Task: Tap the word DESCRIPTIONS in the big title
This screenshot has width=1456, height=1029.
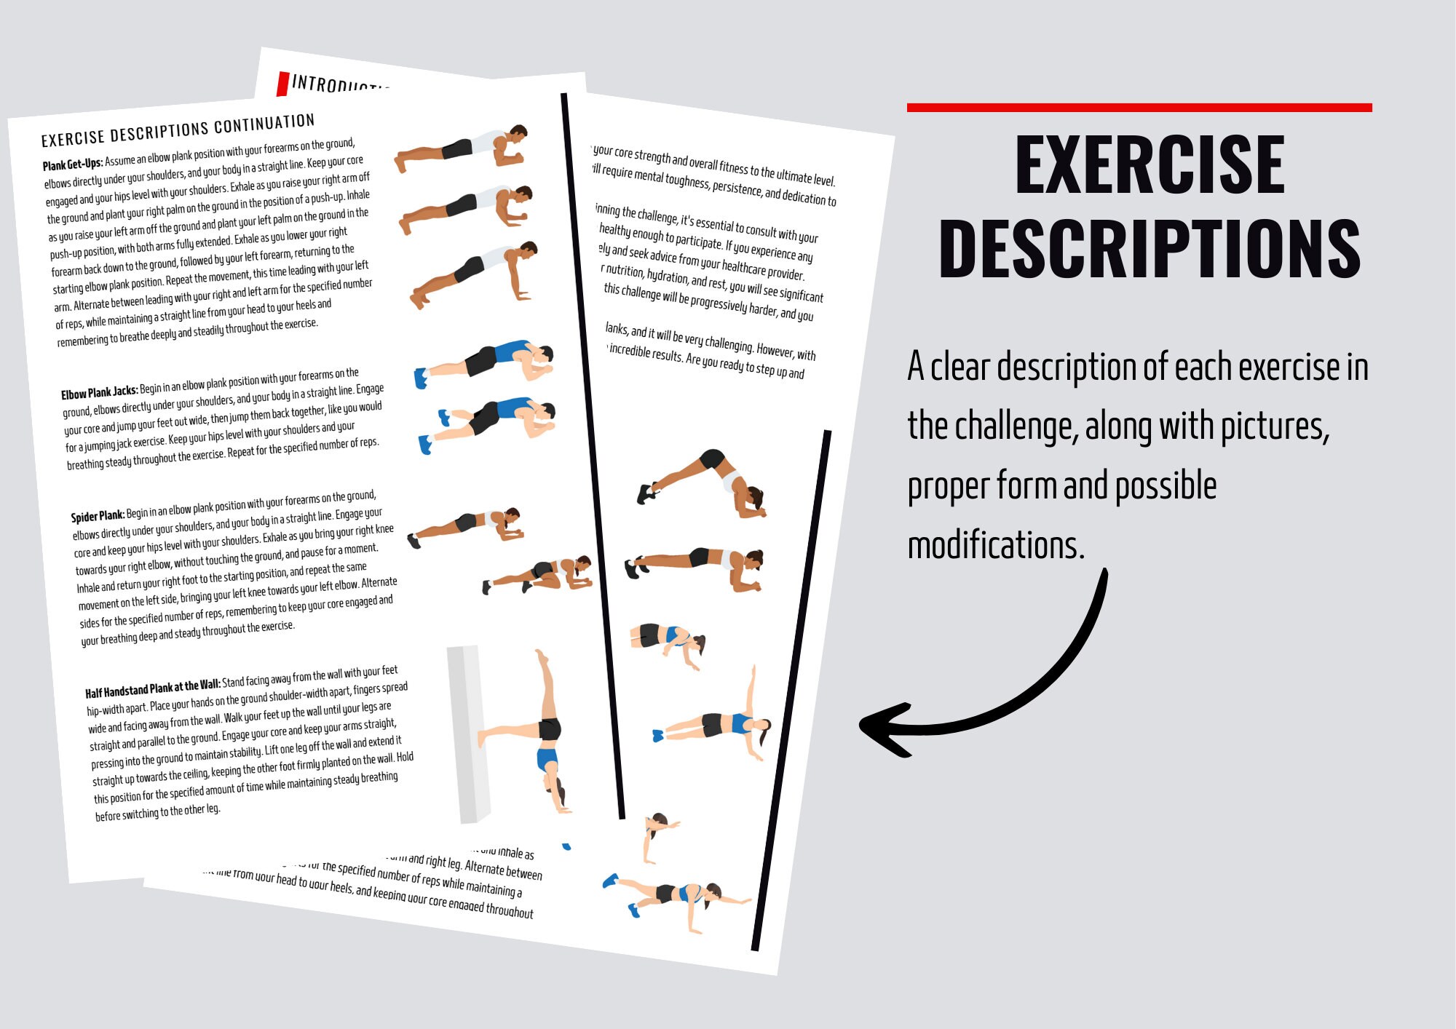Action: click(1150, 249)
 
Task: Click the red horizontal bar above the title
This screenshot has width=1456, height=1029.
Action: click(1139, 108)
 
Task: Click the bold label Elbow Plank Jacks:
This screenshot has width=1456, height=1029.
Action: click(99, 393)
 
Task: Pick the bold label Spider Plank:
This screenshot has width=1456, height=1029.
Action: click(98, 516)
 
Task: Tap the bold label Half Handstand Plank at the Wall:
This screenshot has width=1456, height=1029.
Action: click(152, 688)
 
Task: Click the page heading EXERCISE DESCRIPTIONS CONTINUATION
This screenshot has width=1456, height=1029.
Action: click(178, 130)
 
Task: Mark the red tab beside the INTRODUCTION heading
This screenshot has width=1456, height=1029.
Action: click(282, 84)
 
